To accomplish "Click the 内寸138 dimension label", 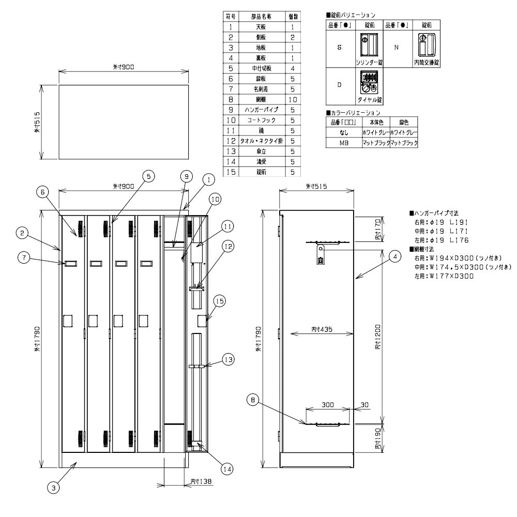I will pos(199,481).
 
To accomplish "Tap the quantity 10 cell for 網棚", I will pos(293,99).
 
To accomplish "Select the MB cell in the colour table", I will pos(344,142).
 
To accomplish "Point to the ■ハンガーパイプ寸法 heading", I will pos(434,213).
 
